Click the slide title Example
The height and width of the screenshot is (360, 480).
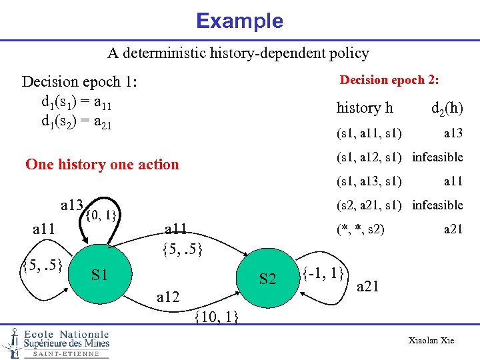point(239,21)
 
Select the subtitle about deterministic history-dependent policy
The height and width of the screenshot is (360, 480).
point(239,53)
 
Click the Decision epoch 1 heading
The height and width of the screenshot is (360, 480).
point(79,82)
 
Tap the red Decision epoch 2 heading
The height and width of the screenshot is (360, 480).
point(389,80)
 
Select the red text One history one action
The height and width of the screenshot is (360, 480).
point(102,164)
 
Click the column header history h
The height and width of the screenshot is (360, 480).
point(365,108)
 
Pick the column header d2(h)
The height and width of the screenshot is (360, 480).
point(447,108)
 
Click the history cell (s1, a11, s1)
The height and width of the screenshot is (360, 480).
point(369,133)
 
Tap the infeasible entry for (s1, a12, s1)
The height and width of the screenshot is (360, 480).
point(437,157)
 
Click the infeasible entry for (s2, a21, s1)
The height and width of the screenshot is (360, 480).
point(437,205)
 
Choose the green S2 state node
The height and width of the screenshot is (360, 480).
point(267,279)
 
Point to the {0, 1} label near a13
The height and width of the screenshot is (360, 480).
point(102,215)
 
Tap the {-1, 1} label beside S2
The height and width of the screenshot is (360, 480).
point(323,272)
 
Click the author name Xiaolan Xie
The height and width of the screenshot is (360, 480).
point(431,341)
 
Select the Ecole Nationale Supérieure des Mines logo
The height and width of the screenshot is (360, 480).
point(56,343)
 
